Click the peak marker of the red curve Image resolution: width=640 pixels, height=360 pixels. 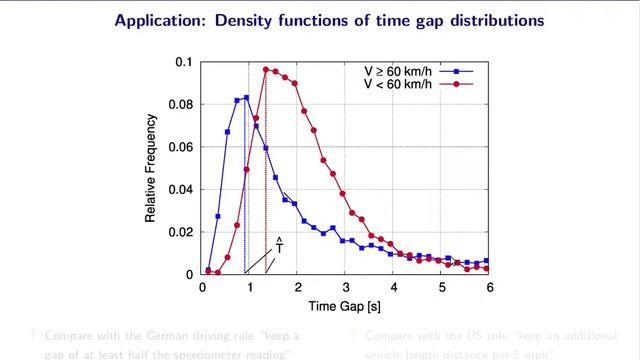coord(266,70)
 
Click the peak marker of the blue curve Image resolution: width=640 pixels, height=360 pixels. coord(246,98)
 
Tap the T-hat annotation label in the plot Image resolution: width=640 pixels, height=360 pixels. coord(280,245)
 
